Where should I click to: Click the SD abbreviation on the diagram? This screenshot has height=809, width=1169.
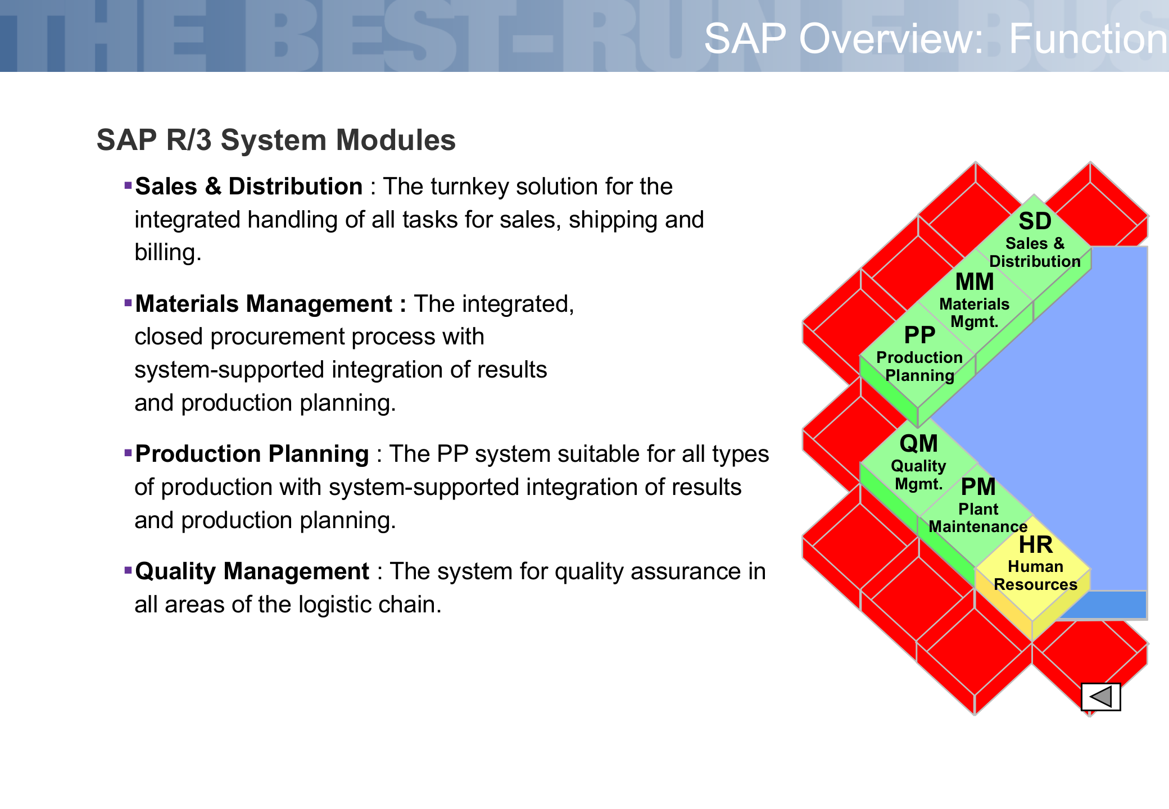[1035, 221]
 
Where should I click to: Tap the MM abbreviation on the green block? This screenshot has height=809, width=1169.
[975, 282]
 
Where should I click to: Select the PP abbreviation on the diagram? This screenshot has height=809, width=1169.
[919, 335]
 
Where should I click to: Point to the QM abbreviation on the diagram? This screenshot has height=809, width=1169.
[919, 444]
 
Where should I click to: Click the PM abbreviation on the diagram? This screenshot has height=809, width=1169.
[978, 487]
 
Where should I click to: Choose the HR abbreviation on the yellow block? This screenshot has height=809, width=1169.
[1036, 545]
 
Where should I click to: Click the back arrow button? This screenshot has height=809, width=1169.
[1100, 697]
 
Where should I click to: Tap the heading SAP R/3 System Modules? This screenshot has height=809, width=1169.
[276, 140]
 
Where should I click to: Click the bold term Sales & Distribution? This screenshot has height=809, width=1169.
[249, 187]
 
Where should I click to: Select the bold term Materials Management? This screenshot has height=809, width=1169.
[264, 304]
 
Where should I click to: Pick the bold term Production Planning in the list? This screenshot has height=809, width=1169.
[252, 454]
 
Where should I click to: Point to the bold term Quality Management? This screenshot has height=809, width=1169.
[252, 571]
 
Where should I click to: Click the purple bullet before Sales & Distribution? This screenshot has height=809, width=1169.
[128, 185]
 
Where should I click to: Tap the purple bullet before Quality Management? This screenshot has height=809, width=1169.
[128, 570]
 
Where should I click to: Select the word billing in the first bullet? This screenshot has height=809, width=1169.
[167, 253]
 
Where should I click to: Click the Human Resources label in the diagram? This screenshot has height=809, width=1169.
[1035, 575]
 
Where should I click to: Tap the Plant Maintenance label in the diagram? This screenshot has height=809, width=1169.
[978, 517]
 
